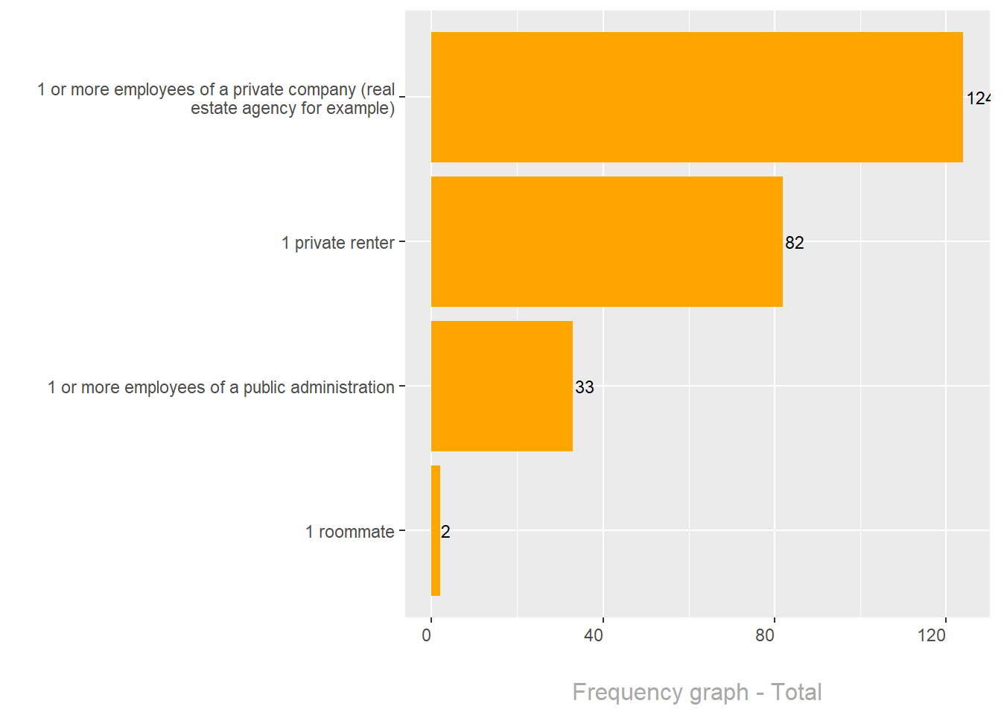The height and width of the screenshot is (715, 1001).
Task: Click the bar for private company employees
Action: click(x=696, y=97)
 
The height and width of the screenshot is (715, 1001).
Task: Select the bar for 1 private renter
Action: click(x=606, y=241)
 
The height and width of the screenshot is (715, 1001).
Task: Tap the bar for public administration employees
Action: click(x=501, y=386)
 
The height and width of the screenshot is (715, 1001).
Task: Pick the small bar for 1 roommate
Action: click(x=436, y=530)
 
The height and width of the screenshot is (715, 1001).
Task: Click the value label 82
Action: click(x=795, y=243)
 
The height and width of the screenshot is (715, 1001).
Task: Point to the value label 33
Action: click(x=585, y=387)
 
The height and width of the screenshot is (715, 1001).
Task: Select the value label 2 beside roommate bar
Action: click(x=445, y=532)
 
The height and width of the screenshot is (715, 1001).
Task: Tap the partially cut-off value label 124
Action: click(x=978, y=98)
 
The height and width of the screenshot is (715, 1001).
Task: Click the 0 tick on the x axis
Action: click(x=427, y=635)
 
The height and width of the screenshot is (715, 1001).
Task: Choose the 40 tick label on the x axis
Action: click(x=594, y=635)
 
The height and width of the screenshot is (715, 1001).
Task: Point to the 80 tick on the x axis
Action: click(x=765, y=635)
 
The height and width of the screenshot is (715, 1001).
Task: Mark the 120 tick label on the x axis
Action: click(x=932, y=635)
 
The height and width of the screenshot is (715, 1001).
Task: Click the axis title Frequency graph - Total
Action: click(x=696, y=692)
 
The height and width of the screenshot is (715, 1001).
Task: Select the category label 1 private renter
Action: click(x=337, y=243)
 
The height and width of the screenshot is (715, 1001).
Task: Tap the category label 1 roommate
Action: click(x=349, y=532)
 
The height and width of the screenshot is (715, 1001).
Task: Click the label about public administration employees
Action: click(x=220, y=387)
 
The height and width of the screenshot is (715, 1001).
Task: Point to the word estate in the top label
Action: click(x=214, y=109)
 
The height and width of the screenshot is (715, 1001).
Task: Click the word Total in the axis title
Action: click(x=796, y=692)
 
